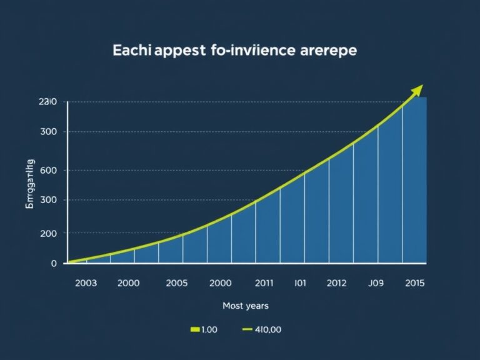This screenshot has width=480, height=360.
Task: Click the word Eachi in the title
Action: [129, 51]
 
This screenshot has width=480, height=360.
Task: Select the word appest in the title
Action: [176, 52]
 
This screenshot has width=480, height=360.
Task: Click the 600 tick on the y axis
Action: [48, 170]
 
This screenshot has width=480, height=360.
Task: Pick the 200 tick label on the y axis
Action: [48, 233]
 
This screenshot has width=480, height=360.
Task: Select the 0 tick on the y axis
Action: [54, 264]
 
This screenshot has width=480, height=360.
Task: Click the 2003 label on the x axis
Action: [86, 283]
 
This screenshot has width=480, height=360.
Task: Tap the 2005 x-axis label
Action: [177, 283]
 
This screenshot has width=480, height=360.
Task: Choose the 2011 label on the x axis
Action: [265, 283]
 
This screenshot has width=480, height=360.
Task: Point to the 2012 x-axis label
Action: [336, 283]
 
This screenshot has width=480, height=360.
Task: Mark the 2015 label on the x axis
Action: [414, 283]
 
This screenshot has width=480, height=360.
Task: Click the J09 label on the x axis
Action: [376, 283]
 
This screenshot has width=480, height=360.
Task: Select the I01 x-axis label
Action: [301, 283]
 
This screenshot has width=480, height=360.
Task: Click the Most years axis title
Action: [246, 306]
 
